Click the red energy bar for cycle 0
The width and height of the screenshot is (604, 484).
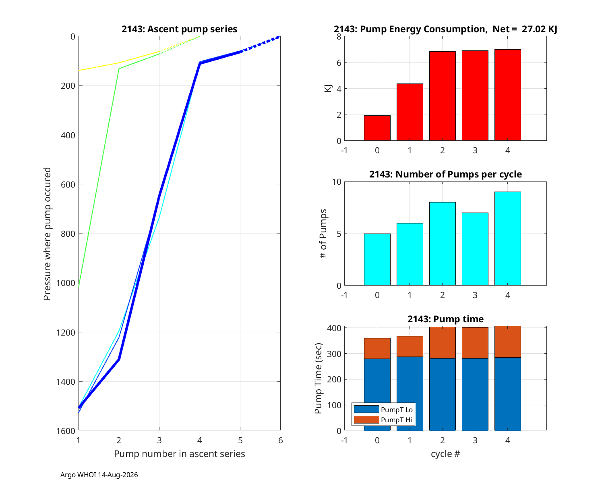377,128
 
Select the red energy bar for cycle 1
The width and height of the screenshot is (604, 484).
410,112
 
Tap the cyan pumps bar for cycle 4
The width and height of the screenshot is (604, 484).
507,238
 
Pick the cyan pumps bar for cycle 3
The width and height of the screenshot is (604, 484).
475,249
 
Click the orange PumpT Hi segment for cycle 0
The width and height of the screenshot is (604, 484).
377,348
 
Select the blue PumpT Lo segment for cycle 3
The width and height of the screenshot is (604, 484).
475,394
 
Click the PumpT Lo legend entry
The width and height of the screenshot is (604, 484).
383,409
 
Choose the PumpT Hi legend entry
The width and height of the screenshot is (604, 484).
383,419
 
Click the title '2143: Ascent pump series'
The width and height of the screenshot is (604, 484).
179,29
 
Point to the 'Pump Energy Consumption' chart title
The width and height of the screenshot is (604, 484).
445,29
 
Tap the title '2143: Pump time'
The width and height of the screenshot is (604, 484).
445,319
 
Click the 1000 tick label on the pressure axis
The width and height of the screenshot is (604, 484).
66,283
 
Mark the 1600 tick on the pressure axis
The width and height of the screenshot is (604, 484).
66,431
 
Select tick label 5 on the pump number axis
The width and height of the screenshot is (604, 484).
240,440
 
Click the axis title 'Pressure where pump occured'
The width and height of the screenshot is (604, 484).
47,234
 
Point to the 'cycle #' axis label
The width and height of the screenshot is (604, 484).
445,454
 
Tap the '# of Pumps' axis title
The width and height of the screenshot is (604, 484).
323,234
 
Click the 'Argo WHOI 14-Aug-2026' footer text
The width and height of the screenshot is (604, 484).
99,475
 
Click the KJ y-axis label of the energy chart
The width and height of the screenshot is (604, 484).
328,88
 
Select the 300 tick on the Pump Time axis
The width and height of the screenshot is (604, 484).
334,354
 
